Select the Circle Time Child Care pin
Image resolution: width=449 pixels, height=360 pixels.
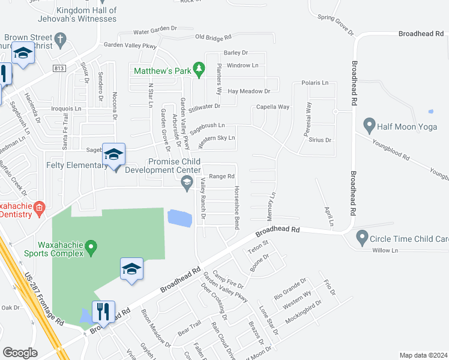pos(362,238)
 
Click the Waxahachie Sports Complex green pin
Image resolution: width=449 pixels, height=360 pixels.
pos(91,246)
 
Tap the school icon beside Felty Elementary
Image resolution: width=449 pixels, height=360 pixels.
pos(113,155)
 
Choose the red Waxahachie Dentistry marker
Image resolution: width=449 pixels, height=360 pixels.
pos(39,209)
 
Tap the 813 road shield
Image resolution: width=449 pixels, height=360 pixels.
pos(59,68)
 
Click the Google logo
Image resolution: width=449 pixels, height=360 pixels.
pos(20,353)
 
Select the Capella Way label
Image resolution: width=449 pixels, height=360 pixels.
pos(273,107)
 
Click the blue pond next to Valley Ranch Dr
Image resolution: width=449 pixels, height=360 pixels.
pos(179,218)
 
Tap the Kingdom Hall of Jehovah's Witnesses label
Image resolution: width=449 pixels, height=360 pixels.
pos(86,14)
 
